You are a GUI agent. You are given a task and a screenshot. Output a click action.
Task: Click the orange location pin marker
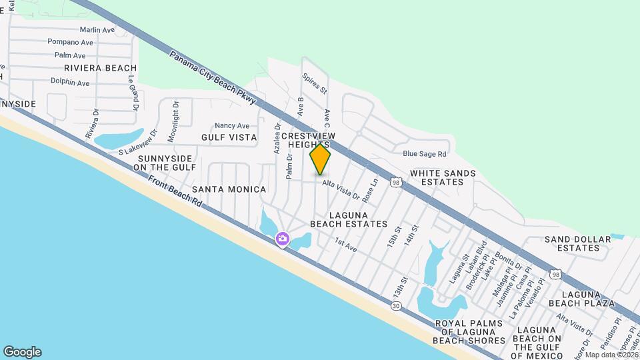(x=320, y=159)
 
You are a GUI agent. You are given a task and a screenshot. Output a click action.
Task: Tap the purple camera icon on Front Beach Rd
(x=283, y=239)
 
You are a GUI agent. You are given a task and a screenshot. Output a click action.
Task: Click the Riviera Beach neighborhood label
(x=100, y=68)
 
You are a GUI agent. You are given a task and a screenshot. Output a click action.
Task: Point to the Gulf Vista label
(x=229, y=137)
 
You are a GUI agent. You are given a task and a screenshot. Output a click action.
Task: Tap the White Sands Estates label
(x=443, y=177)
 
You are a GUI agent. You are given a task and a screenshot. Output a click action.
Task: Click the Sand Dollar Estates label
(x=577, y=243)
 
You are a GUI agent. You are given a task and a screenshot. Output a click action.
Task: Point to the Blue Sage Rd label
(x=424, y=153)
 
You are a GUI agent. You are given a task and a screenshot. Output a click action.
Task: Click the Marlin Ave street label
(x=97, y=30)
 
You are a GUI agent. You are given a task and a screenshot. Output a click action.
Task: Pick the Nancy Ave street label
(x=231, y=125)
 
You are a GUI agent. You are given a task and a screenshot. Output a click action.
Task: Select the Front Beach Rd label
(x=175, y=193)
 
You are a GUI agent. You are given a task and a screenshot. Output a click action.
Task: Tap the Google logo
(x=22, y=352)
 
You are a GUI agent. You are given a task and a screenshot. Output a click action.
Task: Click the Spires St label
(x=314, y=83)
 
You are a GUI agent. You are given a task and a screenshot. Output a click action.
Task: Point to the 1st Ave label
(x=346, y=245)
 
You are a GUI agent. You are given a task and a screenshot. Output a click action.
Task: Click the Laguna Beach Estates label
(x=349, y=219)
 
